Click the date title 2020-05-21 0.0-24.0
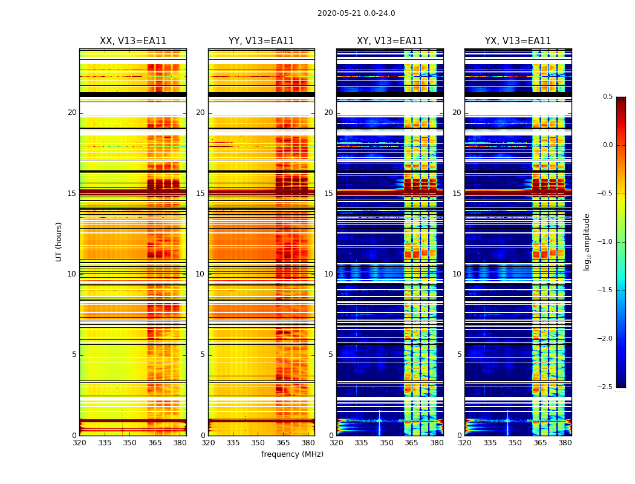tap(356, 13)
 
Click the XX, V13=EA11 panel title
tap(133, 41)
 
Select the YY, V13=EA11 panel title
tap(261, 41)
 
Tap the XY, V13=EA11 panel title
tap(389, 41)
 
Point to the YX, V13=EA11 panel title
tap(518, 41)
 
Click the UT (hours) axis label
tap(59, 241)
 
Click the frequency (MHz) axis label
tap(292, 454)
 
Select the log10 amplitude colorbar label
tap(587, 241)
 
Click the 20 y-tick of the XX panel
tap(72, 113)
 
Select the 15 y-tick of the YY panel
tap(200, 194)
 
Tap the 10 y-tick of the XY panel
tap(328, 274)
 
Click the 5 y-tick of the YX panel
tap(459, 355)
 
